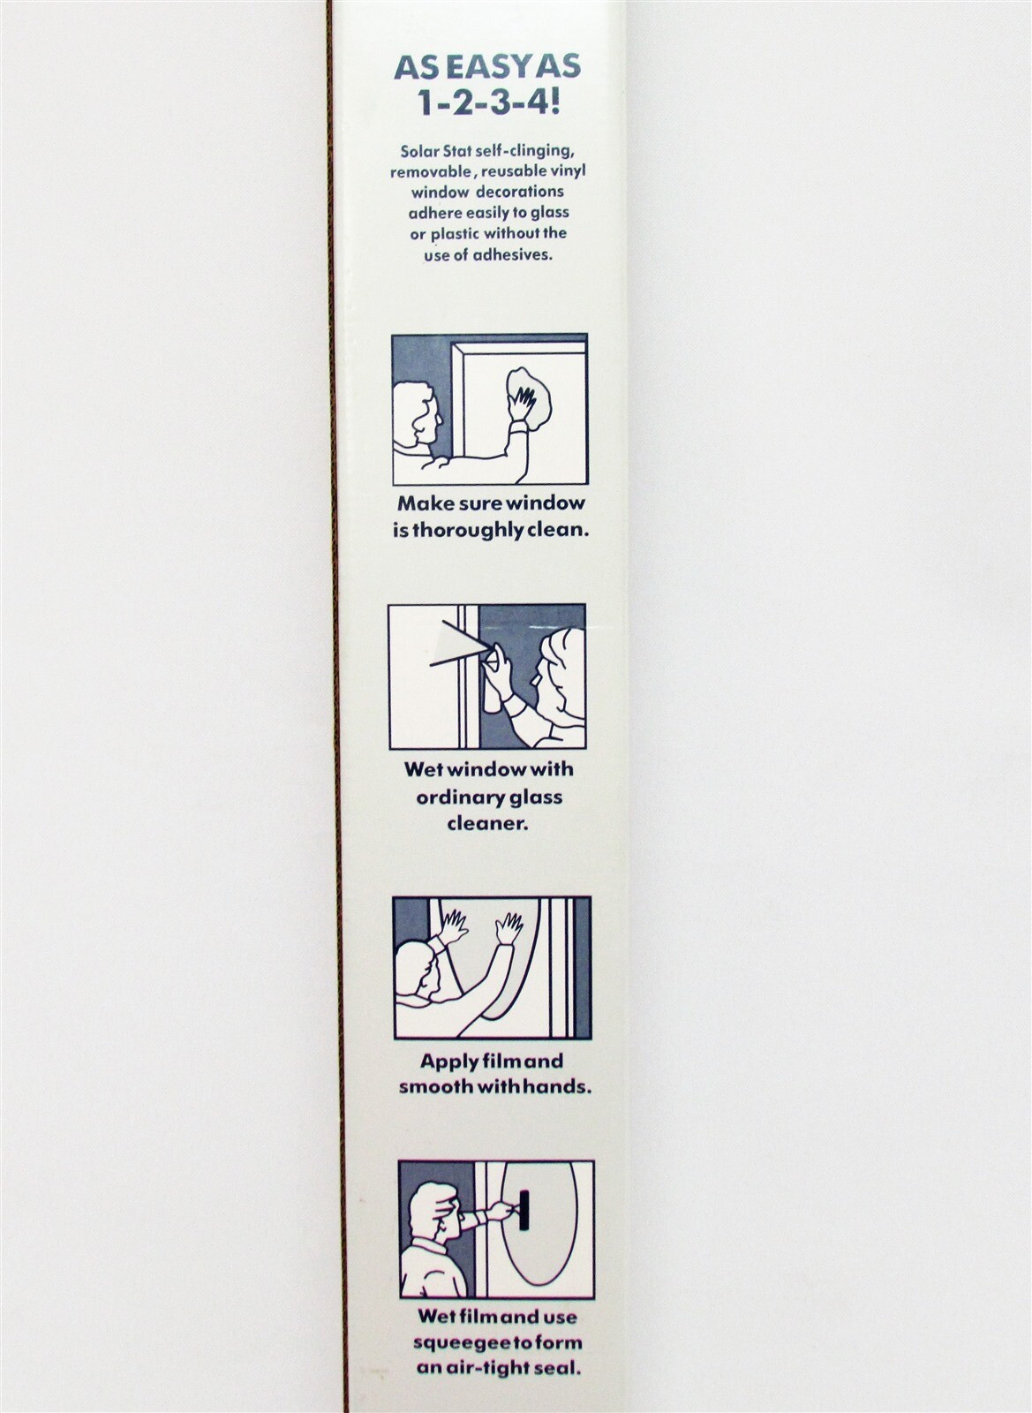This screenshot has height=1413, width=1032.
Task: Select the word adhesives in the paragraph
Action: click(x=513, y=255)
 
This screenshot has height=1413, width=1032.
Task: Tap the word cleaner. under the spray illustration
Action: click(x=487, y=824)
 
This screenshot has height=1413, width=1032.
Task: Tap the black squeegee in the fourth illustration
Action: click(x=524, y=1211)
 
